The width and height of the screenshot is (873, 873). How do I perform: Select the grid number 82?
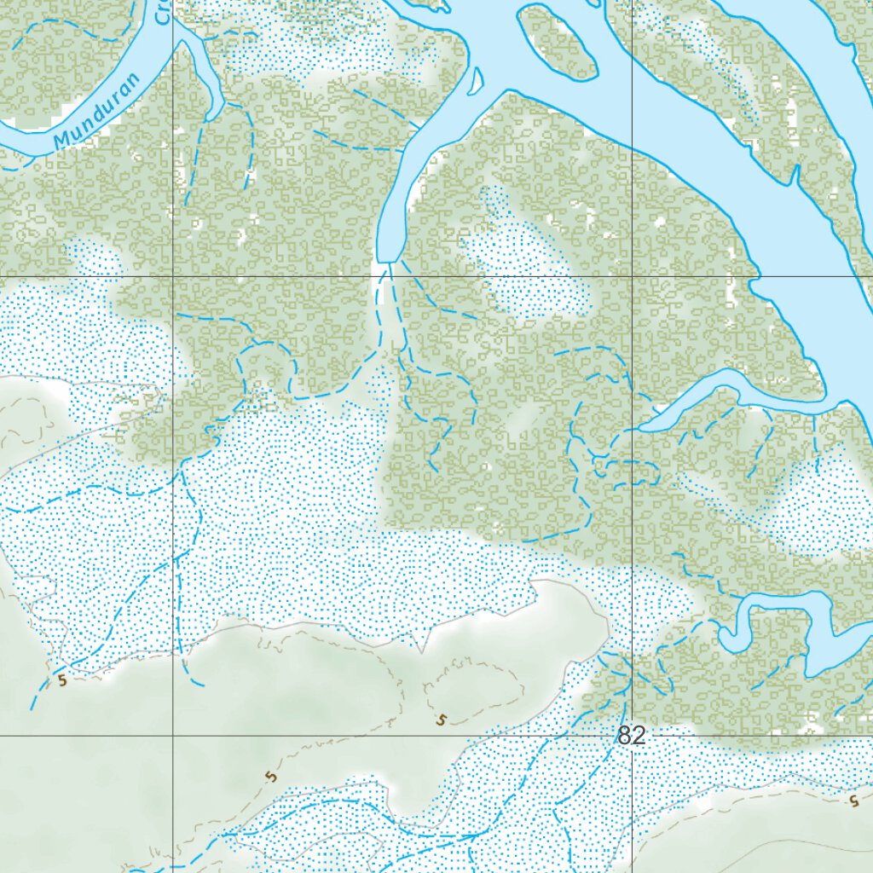tap(631, 737)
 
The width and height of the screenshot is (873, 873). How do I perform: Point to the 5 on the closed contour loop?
tap(441, 720)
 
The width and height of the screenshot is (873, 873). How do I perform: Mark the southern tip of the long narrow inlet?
tap(389, 256)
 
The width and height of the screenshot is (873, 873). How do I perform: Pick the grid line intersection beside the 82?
tap(632, 735)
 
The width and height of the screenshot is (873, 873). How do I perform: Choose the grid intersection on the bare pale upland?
tap(174, 735)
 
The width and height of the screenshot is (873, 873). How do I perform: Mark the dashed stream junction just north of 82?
tap(627, 682)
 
